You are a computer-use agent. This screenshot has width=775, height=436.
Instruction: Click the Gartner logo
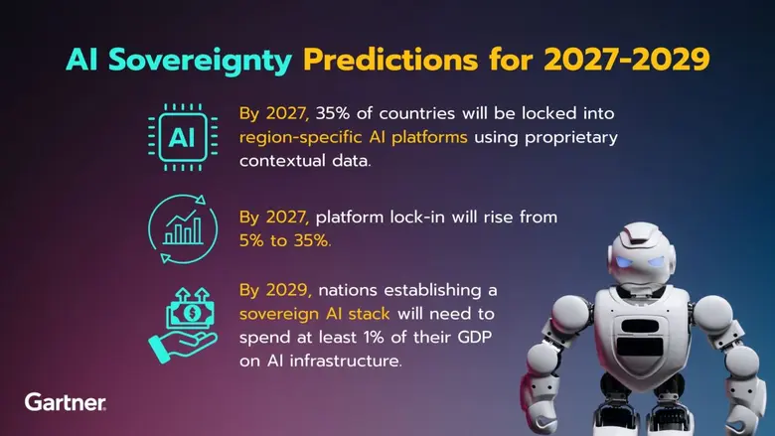(x=65, y=402)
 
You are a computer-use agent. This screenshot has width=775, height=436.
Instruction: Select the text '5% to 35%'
(x=286, y=240)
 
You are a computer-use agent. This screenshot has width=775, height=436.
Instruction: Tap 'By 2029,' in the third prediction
(x=274, y=290)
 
